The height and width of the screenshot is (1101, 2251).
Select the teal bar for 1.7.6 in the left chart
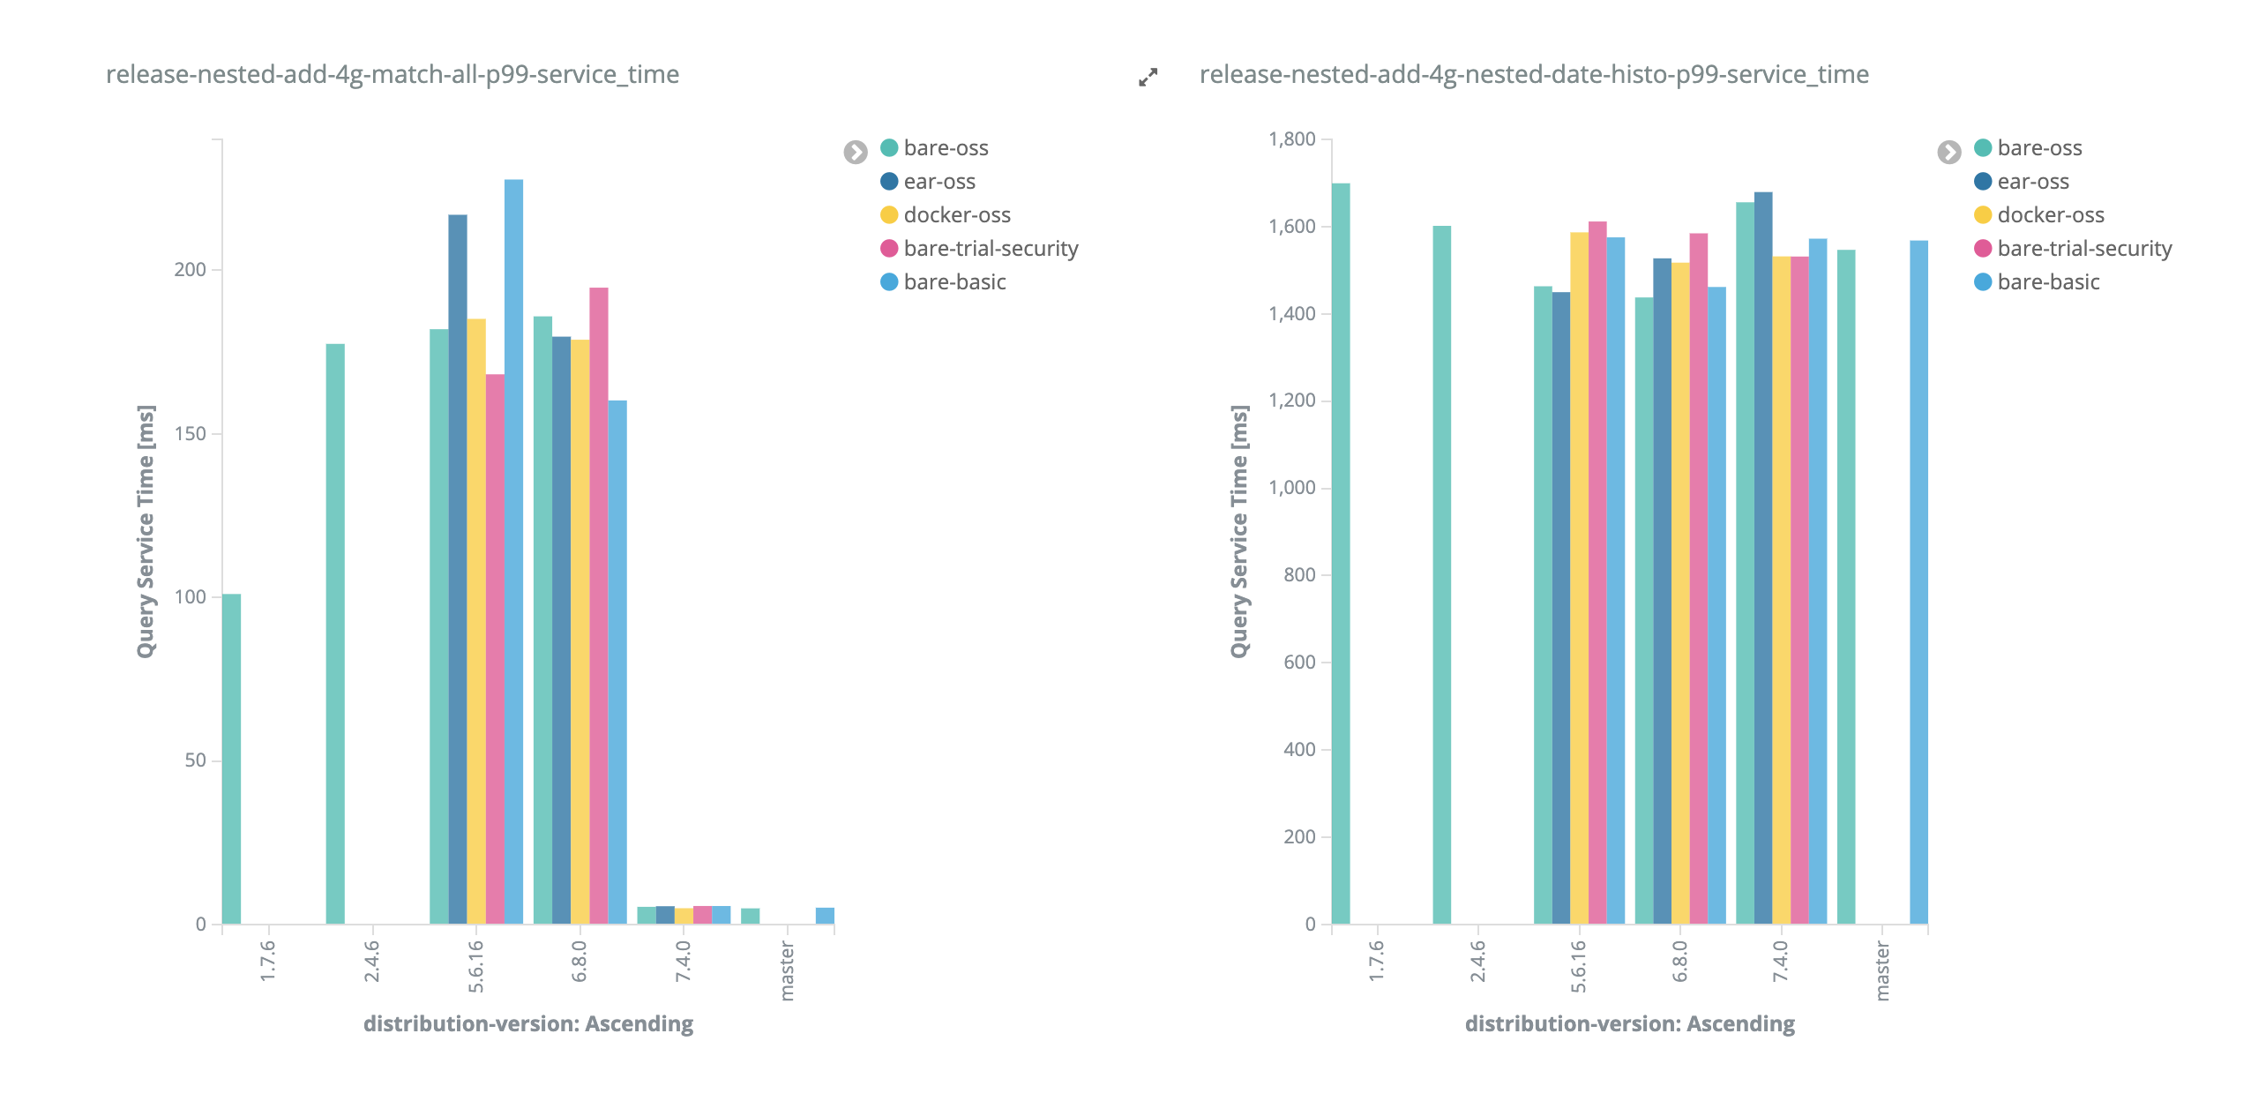pos(231,759)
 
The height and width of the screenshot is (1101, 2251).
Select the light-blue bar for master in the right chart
pos(1918,582)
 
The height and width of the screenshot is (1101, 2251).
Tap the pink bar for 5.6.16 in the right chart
pos(1597,573)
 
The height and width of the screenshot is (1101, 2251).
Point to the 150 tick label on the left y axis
pos(190,433)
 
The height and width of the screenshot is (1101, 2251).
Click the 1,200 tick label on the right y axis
pos(1291,401)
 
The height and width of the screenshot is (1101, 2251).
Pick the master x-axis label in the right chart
pos(1882,970)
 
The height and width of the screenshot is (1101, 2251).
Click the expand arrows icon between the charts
pos(1148,78)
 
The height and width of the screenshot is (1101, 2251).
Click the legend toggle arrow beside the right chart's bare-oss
pos(1949,152)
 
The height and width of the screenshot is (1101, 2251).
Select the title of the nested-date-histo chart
pos(1534,74)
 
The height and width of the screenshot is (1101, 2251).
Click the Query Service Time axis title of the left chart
pos(146,531)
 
